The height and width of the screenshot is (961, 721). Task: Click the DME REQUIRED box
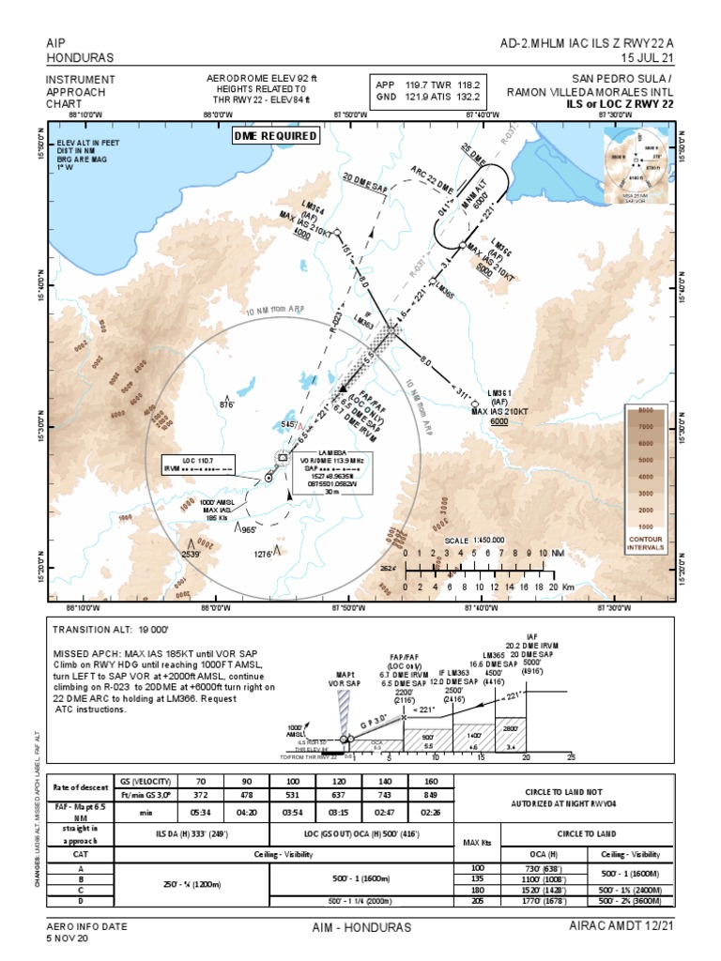coord(276,136)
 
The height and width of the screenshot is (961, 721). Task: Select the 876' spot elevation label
coord(227,404)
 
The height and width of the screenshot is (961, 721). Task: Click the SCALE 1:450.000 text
coord(475,540)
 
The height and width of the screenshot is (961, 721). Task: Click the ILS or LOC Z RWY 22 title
coord(620,103)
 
